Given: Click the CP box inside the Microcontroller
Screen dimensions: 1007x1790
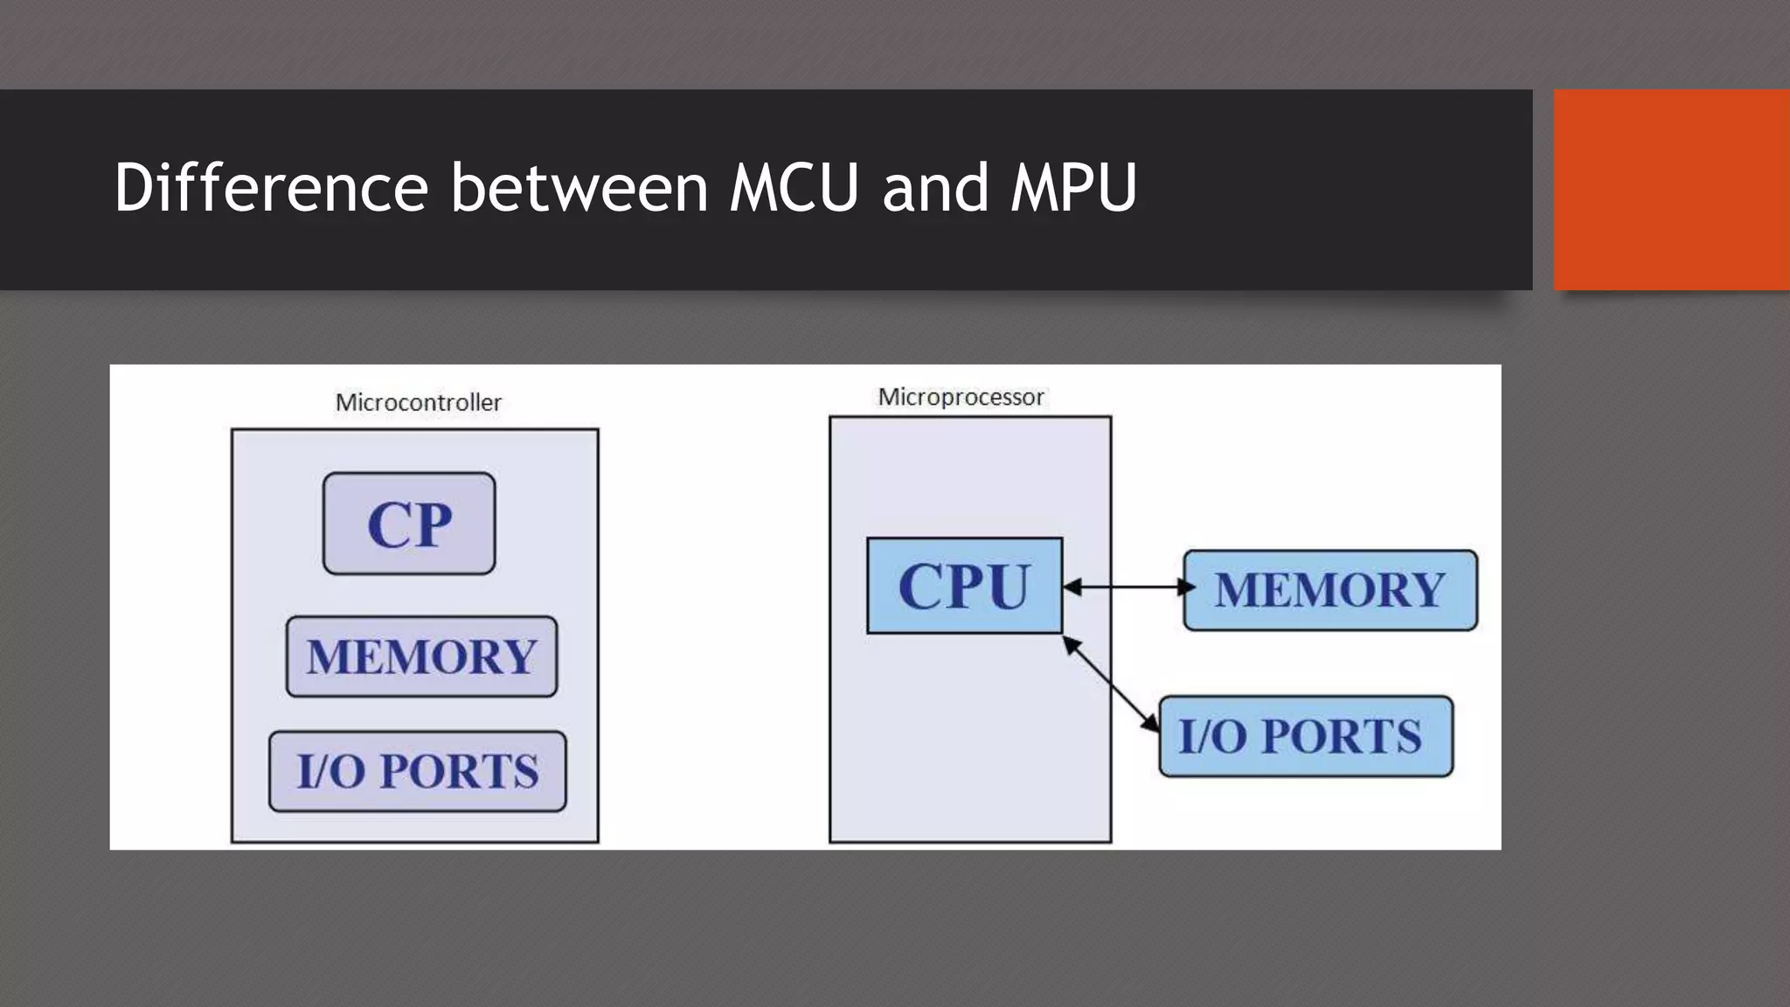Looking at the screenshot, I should pyautogui.click(x=409, y=524).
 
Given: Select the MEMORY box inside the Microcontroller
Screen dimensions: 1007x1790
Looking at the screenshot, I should pyautogui.click(x=421, y=656).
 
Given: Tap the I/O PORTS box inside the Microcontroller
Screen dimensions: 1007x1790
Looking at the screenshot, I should pyautogui.click(x=418, y=771).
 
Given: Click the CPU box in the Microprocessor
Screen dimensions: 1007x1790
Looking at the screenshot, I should pyautogui.click(x=964, y=586).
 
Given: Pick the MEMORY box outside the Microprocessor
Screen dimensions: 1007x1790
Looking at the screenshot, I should pyautogui.click(x=1329, y=590).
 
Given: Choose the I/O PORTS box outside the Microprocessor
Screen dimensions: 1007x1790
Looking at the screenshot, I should pyautogui.click(x=1305, y=736).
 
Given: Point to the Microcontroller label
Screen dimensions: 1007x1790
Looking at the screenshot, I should pyautogui.click(x=419, y=402).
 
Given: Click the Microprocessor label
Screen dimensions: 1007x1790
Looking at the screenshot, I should pyautogui.click(x=961, y=397).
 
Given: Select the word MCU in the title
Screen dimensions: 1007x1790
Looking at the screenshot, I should pyautogui.click(x=794, y=187).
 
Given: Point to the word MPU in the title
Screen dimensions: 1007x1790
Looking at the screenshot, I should pyautogui.click(x=1073, y=187).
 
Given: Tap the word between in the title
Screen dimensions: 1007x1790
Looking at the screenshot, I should pyautogui.click(x=579, y=187).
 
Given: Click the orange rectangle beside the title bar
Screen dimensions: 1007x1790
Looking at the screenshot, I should pyautogui.click(x=1671, y=189).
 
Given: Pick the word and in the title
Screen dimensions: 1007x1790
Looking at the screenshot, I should pyautogui.click(x=934, y=187).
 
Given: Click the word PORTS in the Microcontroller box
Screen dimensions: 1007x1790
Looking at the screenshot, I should pyautogui.click(x=459, y=771).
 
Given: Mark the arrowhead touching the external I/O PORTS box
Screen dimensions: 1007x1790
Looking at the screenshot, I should pyautogui.click(x=1151, y=723).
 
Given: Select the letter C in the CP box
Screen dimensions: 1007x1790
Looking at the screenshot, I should pyautogui.click(x=387, y=524).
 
